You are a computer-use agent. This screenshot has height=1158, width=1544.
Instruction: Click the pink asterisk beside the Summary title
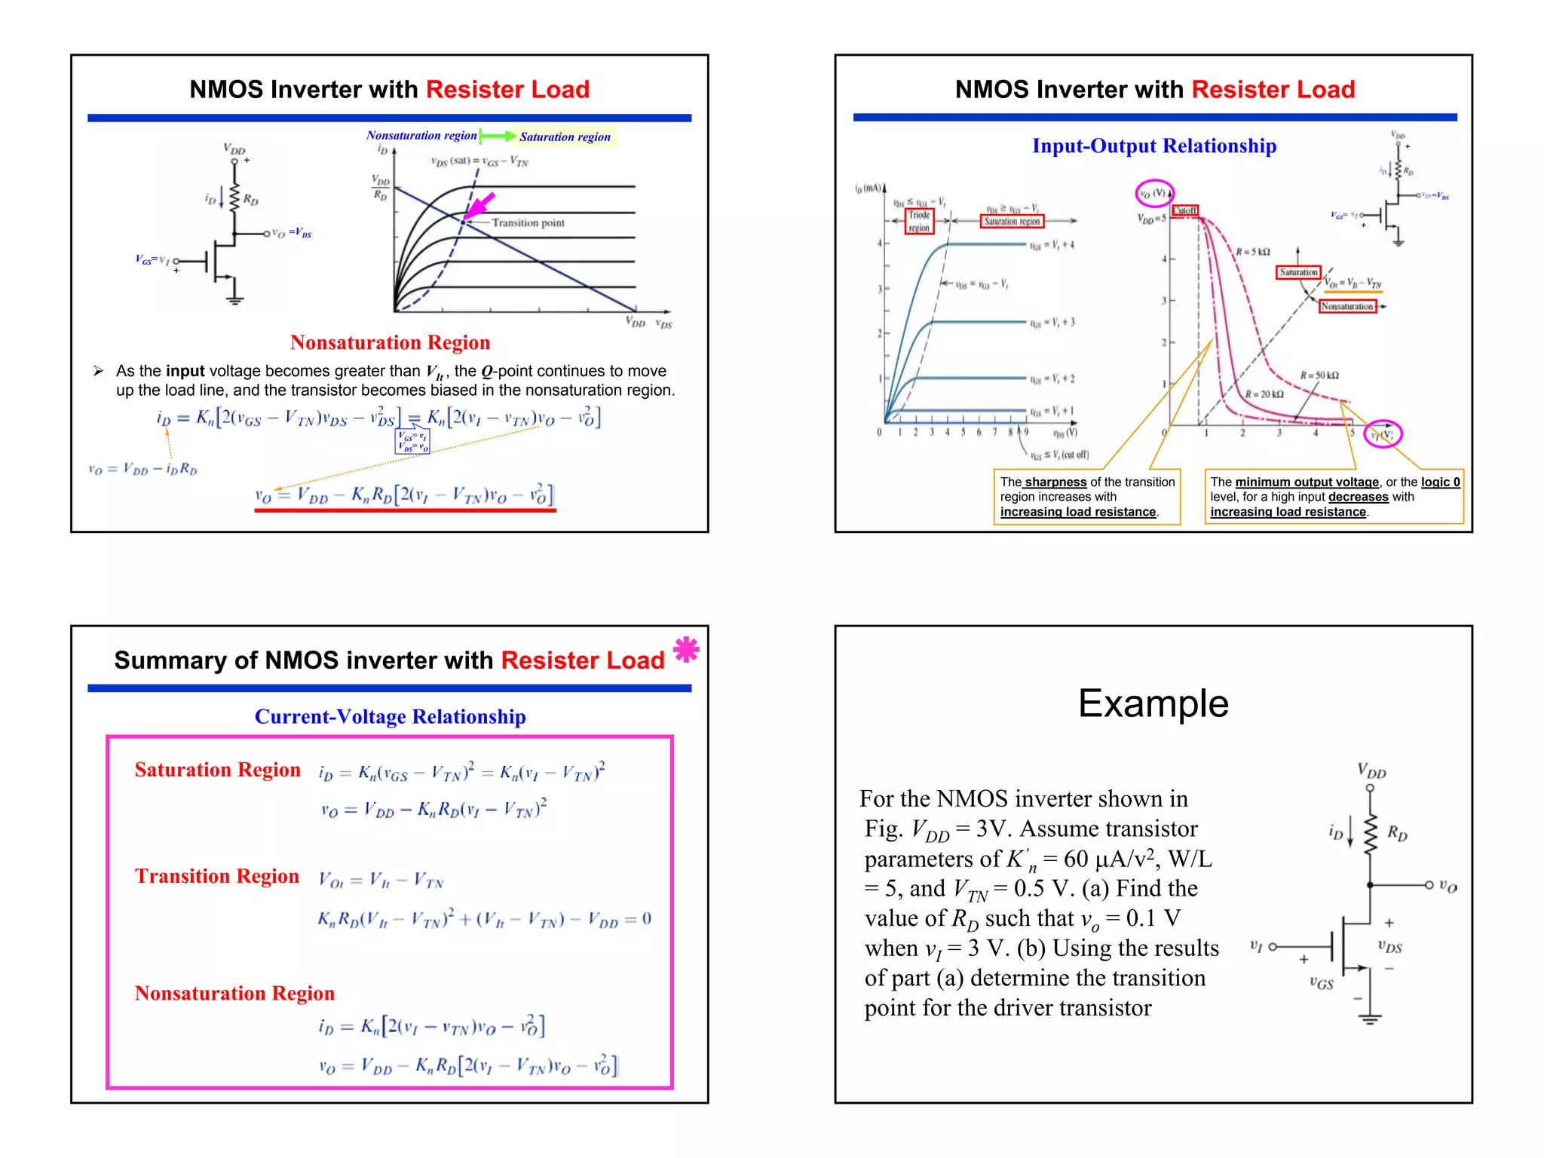point(686,649)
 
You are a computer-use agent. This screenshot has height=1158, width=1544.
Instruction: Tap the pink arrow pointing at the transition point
point(481,205)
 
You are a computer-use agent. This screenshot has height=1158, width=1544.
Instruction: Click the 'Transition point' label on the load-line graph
point(528,223)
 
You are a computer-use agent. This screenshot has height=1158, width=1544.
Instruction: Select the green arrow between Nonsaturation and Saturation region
point(498,136)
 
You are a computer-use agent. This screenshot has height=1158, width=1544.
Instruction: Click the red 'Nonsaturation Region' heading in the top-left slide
point(390,343)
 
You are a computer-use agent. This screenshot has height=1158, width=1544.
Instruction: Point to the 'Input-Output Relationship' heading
point(1153,146)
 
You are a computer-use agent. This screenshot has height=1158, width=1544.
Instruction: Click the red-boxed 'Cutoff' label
point(1185,210)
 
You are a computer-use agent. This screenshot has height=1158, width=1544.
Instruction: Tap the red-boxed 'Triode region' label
point(919,221)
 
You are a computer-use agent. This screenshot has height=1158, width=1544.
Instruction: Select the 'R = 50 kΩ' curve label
point(1319,375)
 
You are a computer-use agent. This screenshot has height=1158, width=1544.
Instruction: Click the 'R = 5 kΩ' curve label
point(1253,252)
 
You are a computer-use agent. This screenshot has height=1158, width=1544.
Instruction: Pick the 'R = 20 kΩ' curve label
point(1264,394)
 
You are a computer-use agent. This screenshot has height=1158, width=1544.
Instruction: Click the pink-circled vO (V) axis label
point(1154,194)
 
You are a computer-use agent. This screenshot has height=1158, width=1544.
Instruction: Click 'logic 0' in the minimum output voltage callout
point(1440,482)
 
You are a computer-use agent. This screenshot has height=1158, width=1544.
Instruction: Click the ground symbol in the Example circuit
point(1370,1019)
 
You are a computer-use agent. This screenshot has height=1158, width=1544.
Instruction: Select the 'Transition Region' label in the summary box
point(217,876)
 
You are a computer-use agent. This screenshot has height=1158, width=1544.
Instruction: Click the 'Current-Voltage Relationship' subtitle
point(390,717)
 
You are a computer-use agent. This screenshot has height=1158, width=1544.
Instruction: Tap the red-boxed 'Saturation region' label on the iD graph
point(1012,222)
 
